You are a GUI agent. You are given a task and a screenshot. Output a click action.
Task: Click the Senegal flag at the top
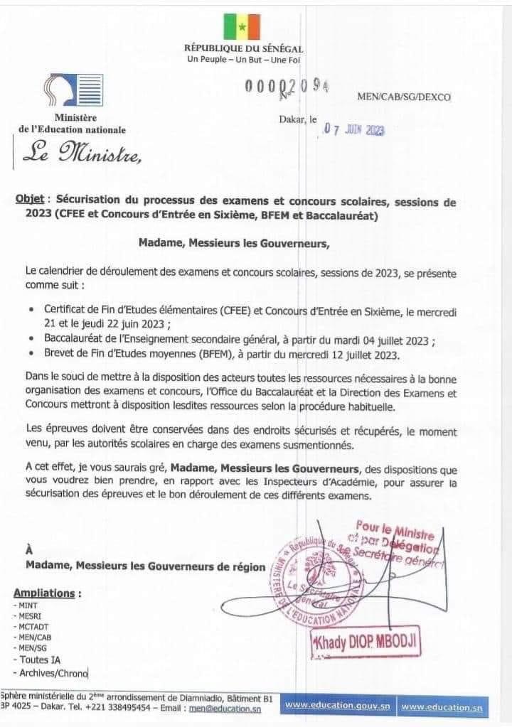[242, 26]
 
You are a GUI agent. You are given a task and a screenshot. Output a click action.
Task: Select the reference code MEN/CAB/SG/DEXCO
[404, 97]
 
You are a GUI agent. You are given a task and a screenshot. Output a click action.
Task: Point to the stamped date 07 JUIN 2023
[354, 130]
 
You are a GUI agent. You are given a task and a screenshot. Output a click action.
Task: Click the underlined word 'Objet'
[30, 202]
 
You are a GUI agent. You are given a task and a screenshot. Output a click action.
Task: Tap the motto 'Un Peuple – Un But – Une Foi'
[243, 59]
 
